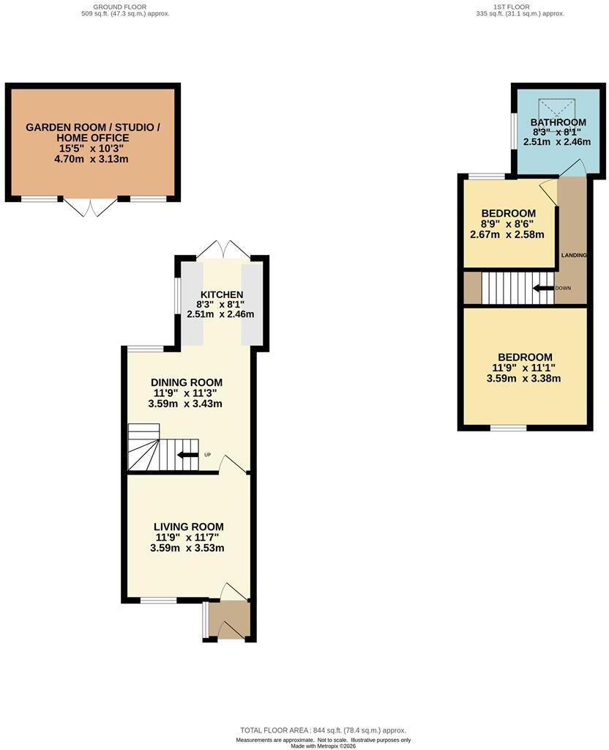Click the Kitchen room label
[x=222, y=294]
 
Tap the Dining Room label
[x=187, y=382]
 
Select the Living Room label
[x=189, y=527]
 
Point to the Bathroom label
[x=558, y=122]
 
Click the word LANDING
[x=574, y=256]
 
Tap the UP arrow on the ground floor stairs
[x=187, y=455]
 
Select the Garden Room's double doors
[x=90, y=206]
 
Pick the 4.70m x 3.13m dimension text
[x=91, y=159]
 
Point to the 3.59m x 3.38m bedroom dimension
[x=523, y=379]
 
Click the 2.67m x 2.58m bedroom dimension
[x=507, y=234]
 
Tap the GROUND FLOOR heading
[x=120, y=7]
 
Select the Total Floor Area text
[x=323, y=730]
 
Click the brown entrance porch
[x=230, y=620]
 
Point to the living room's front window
[x=158, y=600]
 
